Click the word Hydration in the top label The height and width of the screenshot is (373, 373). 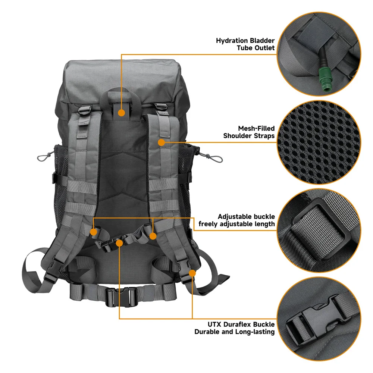[x=234, y=41]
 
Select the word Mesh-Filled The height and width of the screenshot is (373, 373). [x=256, y=128]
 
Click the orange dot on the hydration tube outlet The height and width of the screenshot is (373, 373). [x=122, y=113]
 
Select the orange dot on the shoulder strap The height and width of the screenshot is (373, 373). [x=162, y=142]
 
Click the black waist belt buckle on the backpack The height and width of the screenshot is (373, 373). [x=122, y=297]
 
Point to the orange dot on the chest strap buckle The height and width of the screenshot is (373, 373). [x=119, y=243]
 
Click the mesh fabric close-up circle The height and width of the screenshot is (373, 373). [x=319, y=142]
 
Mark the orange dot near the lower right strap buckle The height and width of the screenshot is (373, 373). [x=192, y=273]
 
